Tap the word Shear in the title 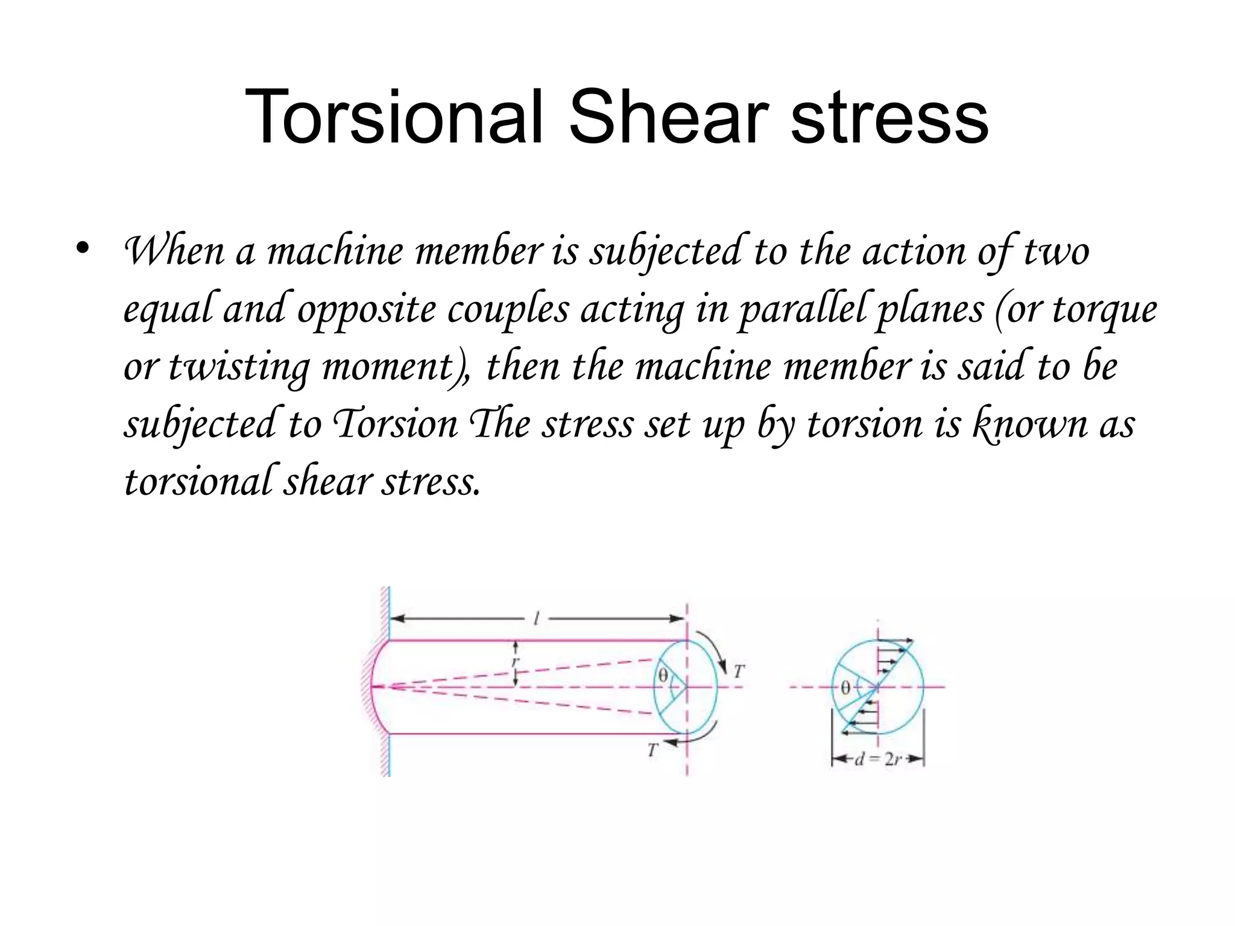click(668, 117)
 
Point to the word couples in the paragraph click(508, 309)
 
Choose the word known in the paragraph click(1031, 424)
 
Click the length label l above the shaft click(536, 618)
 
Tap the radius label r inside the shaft click(514, 662)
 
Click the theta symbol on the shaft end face click(663, 676)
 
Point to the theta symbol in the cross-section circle click(845, 687)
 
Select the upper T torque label click(739, 671)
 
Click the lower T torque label click(652, 751)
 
